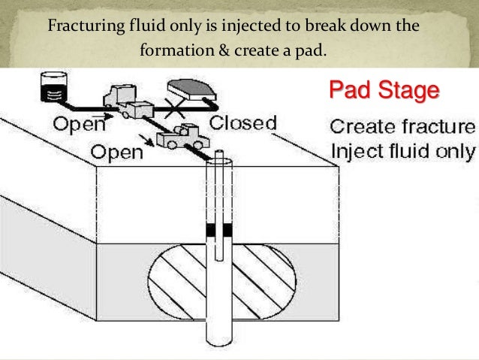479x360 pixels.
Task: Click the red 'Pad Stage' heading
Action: pyautogui.click(x=384, y=91)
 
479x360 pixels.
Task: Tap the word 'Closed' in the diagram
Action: pyautogui.click(x=243, y=123)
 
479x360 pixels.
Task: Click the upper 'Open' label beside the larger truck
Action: pyautogui.click(x=78, y=123)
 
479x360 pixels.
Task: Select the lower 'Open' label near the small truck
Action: pyautogui.click(x=116, y=153)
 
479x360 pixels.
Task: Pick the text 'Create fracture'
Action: pyautogui.click(x=402, y=126)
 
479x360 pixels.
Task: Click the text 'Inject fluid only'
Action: pyautogui.click(x=402, y=151)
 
